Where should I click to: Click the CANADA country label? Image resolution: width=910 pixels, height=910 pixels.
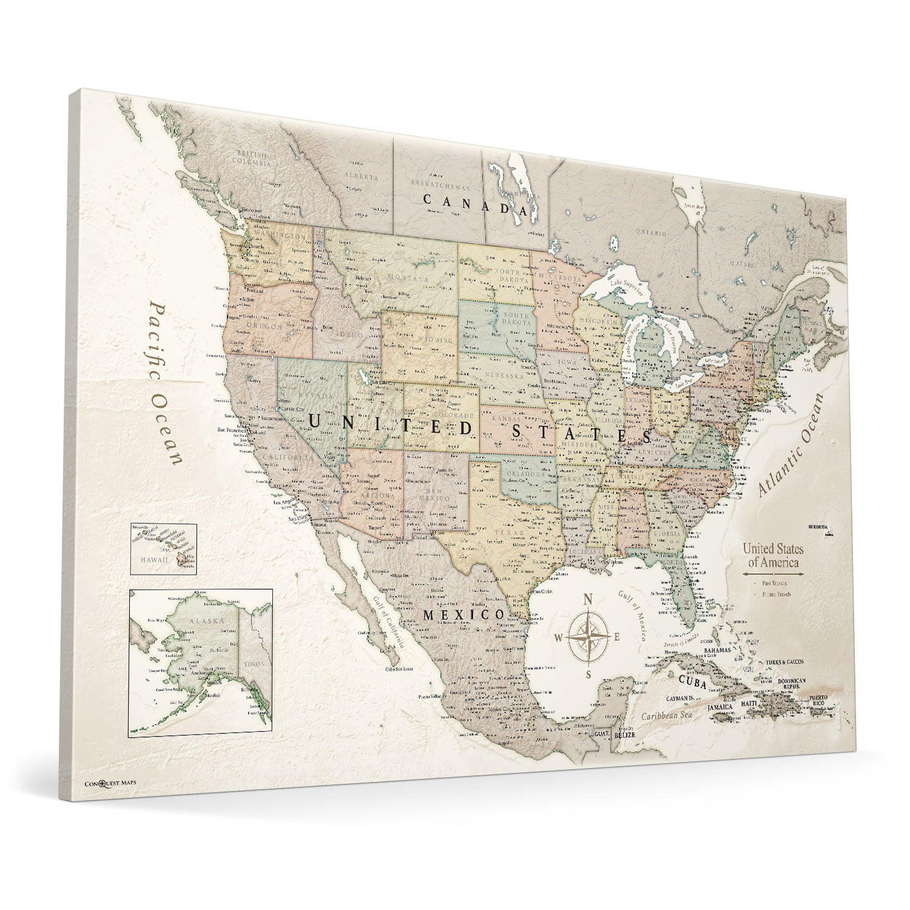475,203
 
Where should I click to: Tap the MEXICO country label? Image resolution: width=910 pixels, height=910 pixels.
463,615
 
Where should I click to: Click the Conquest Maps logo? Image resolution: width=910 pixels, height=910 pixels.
110,782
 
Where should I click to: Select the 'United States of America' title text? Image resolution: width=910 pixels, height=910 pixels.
773,555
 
